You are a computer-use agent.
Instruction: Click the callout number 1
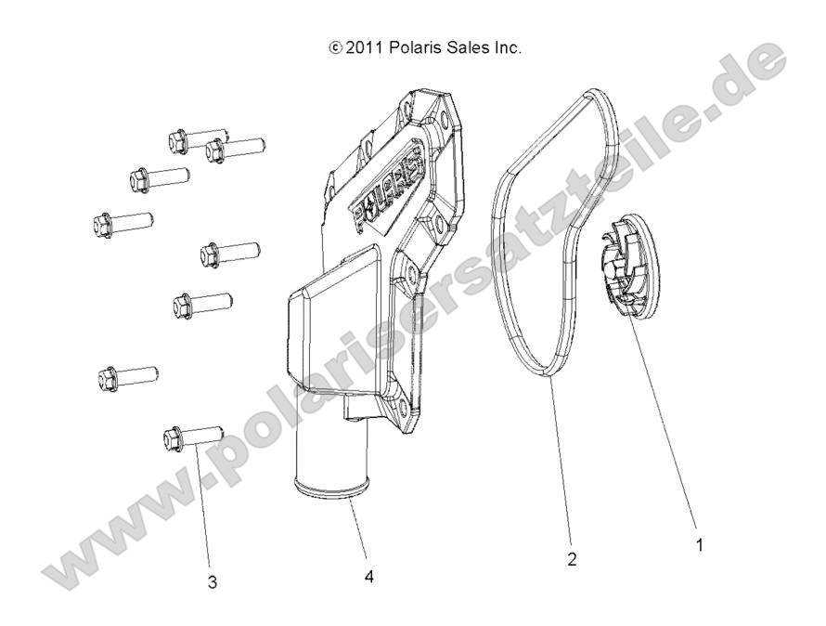[x=699, y=547]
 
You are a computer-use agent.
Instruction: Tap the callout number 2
[x=572, y=559]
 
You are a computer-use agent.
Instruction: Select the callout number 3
[x=213, y=582]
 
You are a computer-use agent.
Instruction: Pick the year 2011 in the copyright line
[x=362, y=47]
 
